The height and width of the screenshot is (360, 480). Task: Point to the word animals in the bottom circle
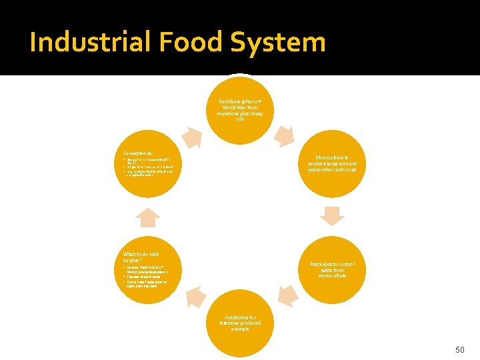click(240, 329)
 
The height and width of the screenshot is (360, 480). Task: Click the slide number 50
click(459, 349)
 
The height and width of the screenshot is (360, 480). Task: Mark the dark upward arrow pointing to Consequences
click(147, 217)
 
